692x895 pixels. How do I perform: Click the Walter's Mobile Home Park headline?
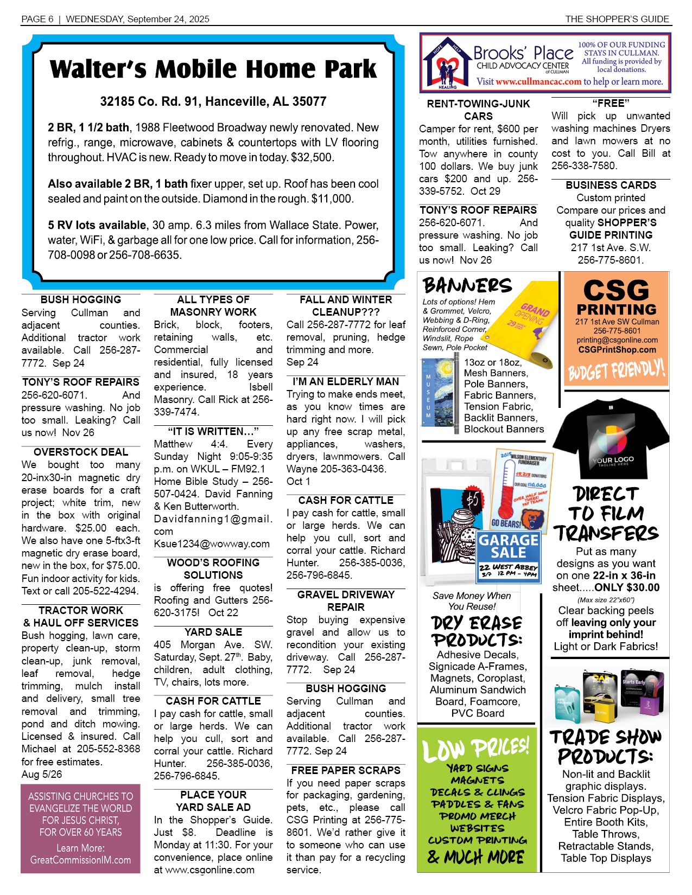click(213, 69)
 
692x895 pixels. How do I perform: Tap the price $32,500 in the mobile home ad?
click(313, 158)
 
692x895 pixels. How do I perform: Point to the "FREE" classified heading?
click(611, 103)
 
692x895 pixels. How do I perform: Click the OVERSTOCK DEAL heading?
click(81, 452)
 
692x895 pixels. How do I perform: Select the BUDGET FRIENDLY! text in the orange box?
click(616, 370)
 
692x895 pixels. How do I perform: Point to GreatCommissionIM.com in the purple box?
click(81, 860)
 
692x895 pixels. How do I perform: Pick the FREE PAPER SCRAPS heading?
click(346, 770)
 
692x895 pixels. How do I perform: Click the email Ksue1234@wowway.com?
click(212, 544)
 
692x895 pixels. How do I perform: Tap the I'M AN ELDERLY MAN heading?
click(346, 381)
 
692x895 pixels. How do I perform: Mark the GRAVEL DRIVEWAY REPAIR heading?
click(346, 600)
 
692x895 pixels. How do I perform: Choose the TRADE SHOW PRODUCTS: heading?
click(606, 746)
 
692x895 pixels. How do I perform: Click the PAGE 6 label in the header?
click(37, 19)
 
